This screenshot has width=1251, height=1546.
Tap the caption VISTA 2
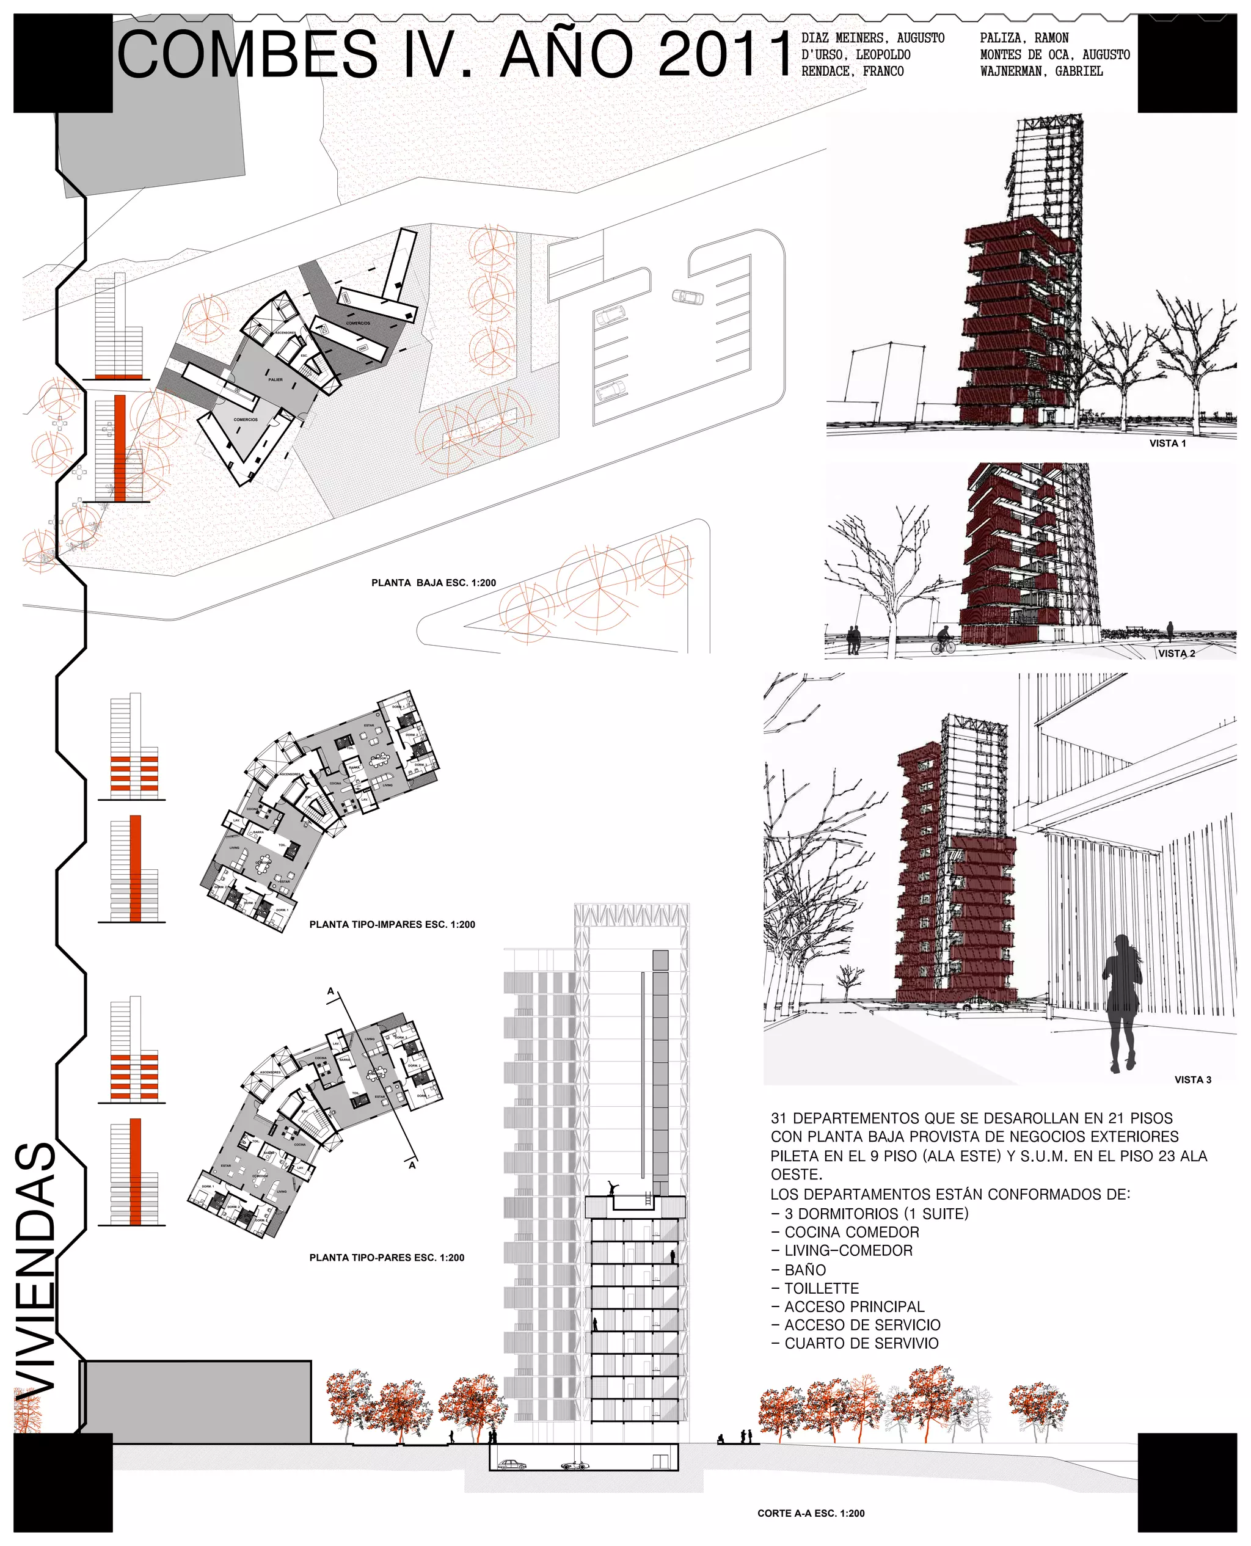(1176, 654)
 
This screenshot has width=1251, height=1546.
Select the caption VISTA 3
(1192, 1079)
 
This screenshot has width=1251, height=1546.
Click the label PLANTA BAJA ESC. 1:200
(433, 583)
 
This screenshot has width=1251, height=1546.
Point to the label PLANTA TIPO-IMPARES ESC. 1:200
(392, 924)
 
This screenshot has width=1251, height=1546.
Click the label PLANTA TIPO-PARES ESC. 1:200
(386, 1258)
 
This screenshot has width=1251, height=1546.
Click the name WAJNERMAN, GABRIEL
(1041, 71)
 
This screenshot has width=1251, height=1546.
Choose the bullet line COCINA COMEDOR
(851, 1232)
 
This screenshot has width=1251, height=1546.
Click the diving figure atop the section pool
(613, 1186)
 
